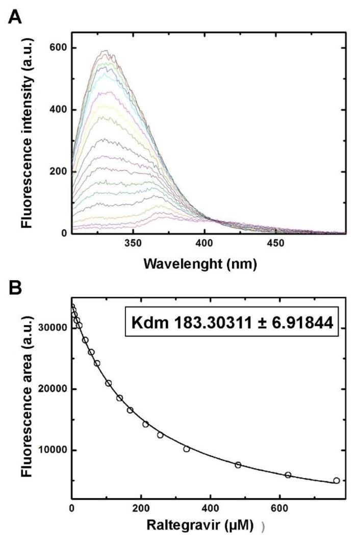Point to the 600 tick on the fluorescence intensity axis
pyautogui.click(x=58, y=48)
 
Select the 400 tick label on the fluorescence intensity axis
pyautogui.click(x=58, y=110)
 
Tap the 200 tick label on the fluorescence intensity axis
pyautogui.click(x=58, y=171)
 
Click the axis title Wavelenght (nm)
pyautogui.click(x=207, y=264)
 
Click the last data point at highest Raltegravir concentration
pyautogui.click(x=337, y=480)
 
